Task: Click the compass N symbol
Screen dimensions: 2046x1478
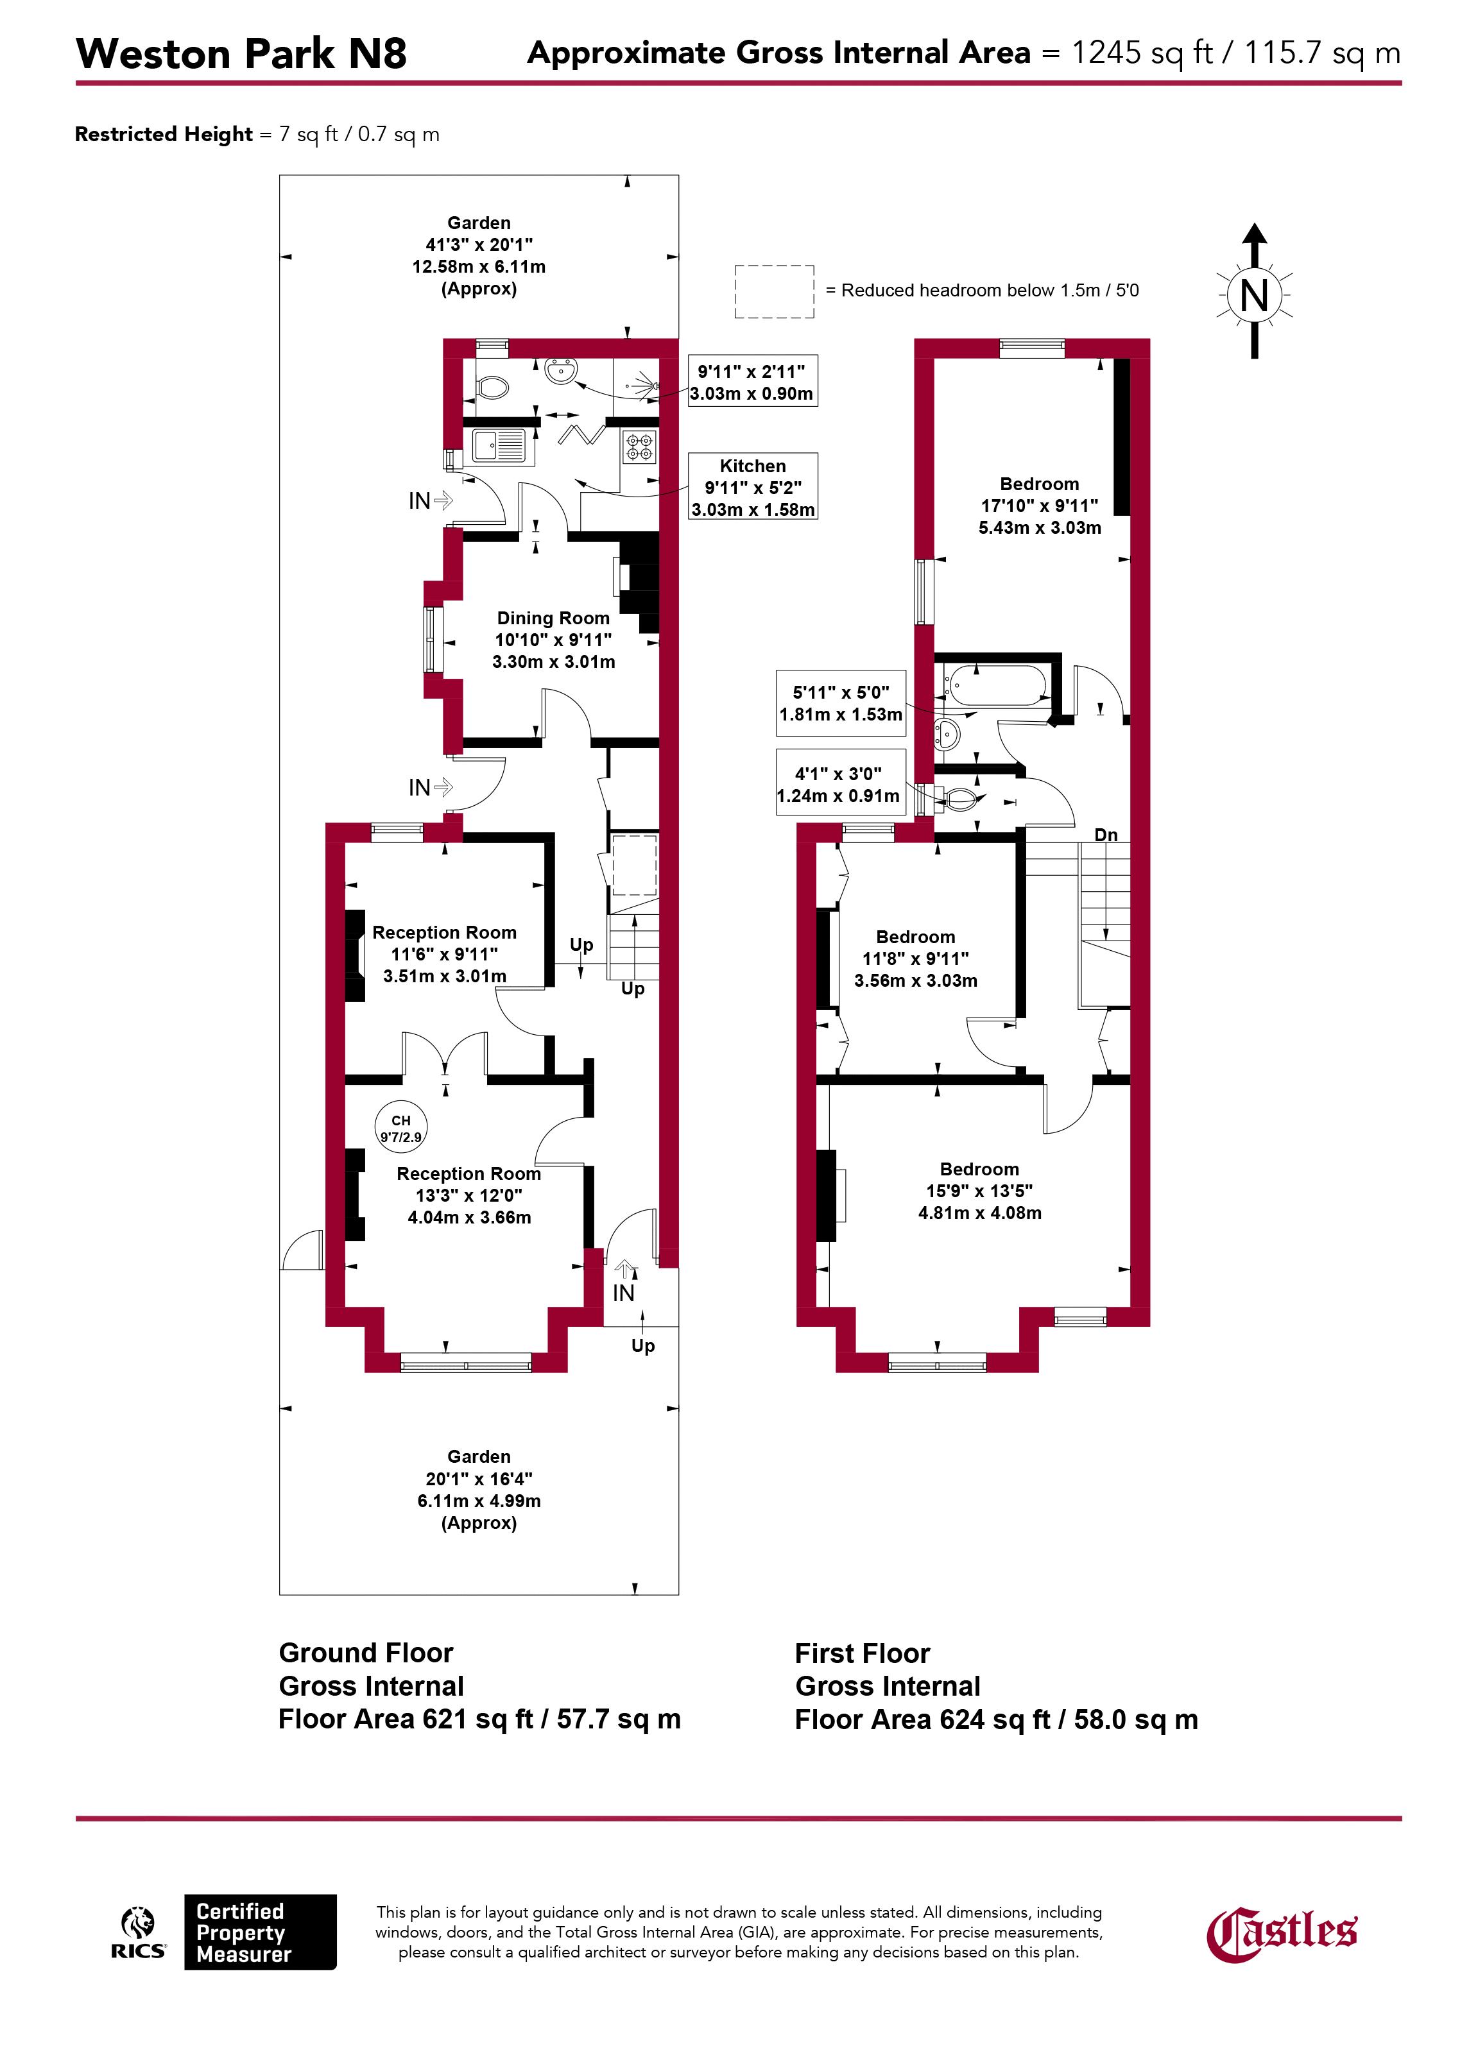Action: tap(1254, 295)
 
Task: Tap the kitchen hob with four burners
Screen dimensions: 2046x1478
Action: tap(640, 447)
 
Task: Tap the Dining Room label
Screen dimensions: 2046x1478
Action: tap(553, 618)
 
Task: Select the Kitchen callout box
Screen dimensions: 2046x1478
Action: tap(753, 487)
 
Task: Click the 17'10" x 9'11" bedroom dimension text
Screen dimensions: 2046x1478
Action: tap(1040, 506)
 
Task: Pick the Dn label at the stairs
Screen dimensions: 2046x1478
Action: tap(1106, 835)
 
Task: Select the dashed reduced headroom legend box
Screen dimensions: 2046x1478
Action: tap(774, 291)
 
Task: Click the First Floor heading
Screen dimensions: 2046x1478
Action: tap(862, 1653)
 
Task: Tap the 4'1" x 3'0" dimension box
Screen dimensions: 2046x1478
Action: tap(840, 784)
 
